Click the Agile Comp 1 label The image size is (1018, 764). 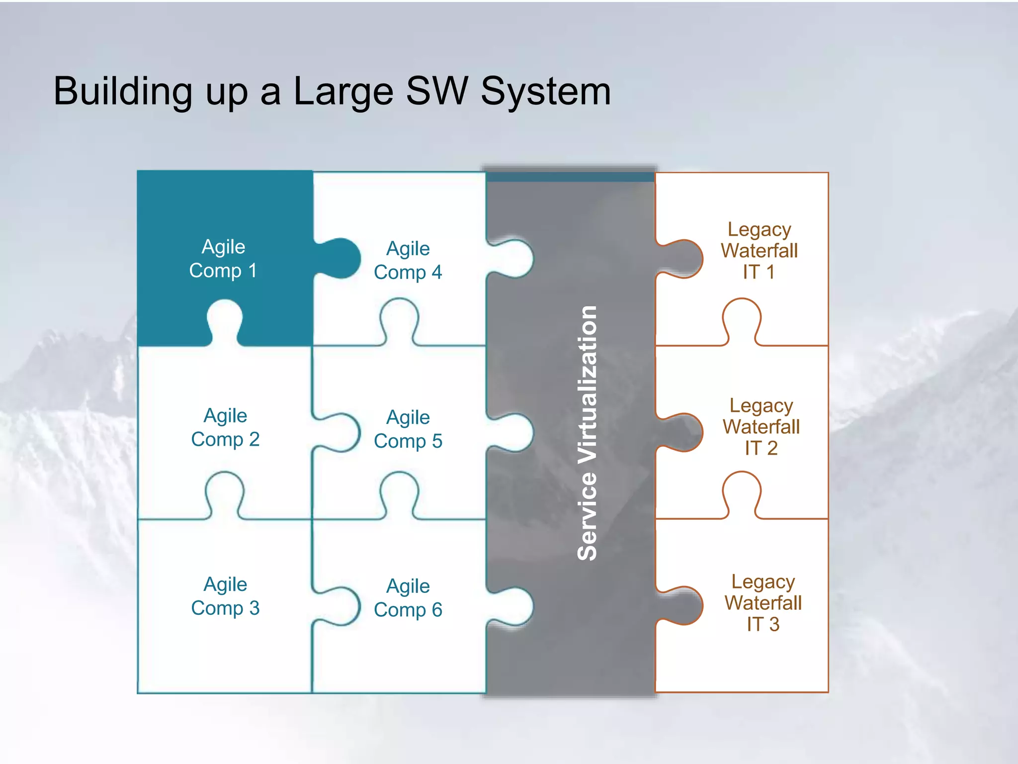click(x=223, y=259)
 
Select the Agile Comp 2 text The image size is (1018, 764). click(x=225, y=427)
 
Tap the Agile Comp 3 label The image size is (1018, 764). click(x=225, y=596)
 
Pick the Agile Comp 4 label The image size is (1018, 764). click(x=408, y=260)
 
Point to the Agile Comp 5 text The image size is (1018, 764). click(x=408, y=429)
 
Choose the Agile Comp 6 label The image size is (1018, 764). click(x=408, y=597)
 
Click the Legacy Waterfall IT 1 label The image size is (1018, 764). click(x=759, y=251)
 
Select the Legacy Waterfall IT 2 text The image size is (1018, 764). click(x=761, y=427)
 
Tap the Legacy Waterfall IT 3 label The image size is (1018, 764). click(x=763, y=603)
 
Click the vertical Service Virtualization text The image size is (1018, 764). click(x=588, y=433)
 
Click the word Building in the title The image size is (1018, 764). click(x=123, y=92)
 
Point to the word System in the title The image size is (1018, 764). click(x=545, y=92)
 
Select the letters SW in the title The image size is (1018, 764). click(x=436, y=92)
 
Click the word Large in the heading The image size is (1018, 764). click(x=343, y=92)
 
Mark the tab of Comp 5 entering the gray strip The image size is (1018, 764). click(x=514, y=432)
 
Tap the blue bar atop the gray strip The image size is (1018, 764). click(x=570, y=177)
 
